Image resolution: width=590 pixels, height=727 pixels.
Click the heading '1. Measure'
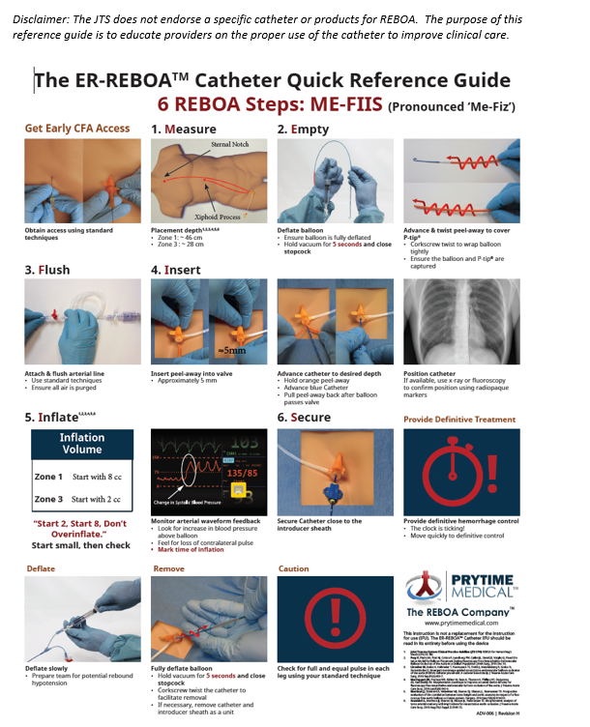[x=184, y=129]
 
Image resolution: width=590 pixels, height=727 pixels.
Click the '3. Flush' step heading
[x=47, y=270]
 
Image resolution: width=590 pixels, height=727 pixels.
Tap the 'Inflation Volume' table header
[x=82, y=444]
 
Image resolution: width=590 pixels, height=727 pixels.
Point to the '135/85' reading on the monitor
[x=242, y=474]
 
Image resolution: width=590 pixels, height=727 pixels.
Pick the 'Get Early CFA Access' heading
[x=76, y=129]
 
